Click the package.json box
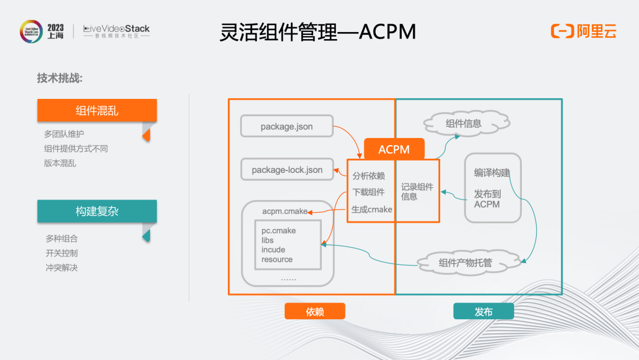point(287,126)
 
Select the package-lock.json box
point(287,169)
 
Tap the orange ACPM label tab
point(394,149)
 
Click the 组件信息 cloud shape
point(466,123)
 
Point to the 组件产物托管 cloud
point(469,262)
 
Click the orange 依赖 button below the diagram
point(315,311)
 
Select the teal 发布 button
point(484,311)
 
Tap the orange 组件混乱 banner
point(97,110)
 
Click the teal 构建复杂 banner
point(97,211)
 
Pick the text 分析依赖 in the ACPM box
point(369,176)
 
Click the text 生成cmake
point(372,210)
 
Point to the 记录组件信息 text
point(417,192)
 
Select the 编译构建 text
point(492,173)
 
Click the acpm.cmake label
point(285,211)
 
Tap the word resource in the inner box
point(277,259)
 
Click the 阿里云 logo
point(583,31)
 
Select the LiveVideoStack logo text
point(117,31)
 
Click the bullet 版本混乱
point(60,163)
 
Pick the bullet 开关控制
point(62,253)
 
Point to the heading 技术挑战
point(60,78)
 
